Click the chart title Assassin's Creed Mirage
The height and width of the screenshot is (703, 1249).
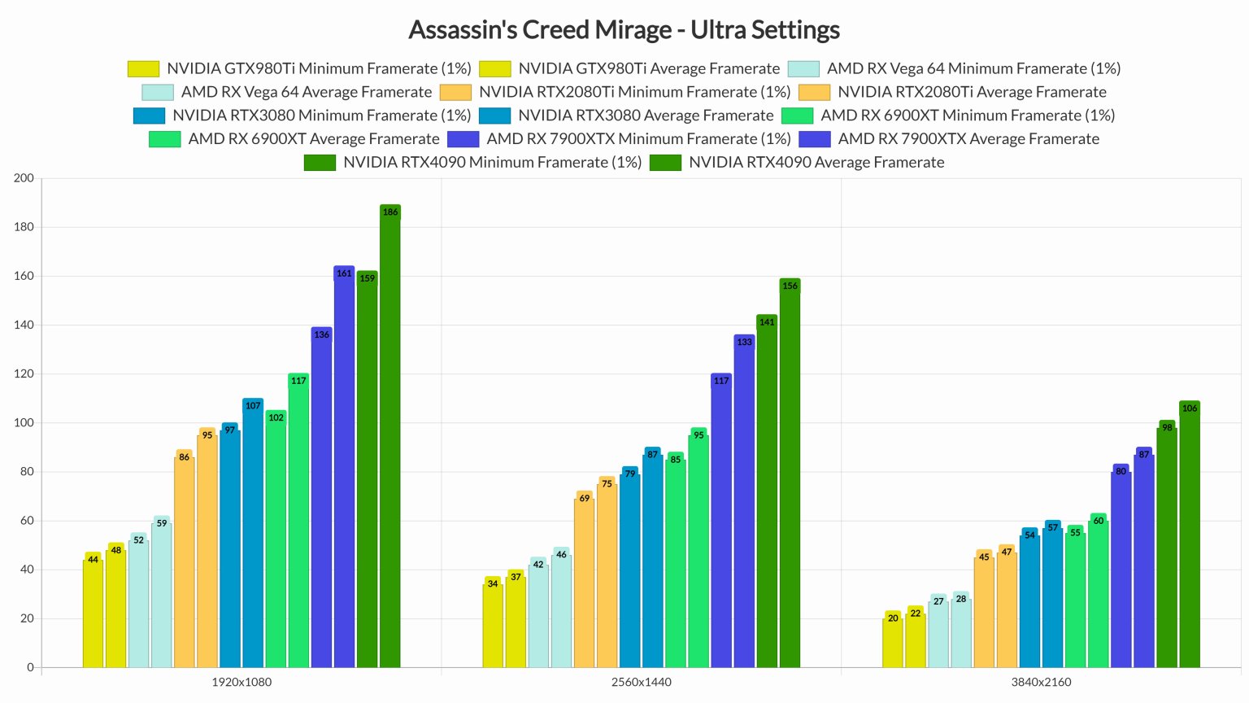(x=624, y=30)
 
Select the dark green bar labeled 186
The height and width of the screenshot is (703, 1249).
(x=390, y=439)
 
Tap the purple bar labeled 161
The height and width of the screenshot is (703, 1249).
(x=344, y=468)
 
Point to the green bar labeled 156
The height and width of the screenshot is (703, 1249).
(x=790, y=475)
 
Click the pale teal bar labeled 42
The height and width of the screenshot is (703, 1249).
(x=538, y=614)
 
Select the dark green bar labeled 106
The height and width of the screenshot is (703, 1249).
(x=1190, y=536)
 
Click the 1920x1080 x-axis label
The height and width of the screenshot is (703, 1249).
(x=242, y=682)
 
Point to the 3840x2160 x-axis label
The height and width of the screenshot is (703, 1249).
(x=1041, y=682)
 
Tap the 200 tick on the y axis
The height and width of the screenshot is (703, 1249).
(x=24, y=178)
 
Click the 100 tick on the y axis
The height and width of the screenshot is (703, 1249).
(x=24, y=422)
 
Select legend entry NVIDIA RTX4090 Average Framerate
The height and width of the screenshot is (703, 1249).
(x=816, y=162)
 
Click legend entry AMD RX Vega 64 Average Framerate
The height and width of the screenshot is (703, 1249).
(x=306, y=92)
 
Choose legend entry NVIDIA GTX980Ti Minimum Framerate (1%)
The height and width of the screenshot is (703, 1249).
(x=319, y=68)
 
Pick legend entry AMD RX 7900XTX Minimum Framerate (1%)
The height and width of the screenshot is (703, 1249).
(x=638, y=139)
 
